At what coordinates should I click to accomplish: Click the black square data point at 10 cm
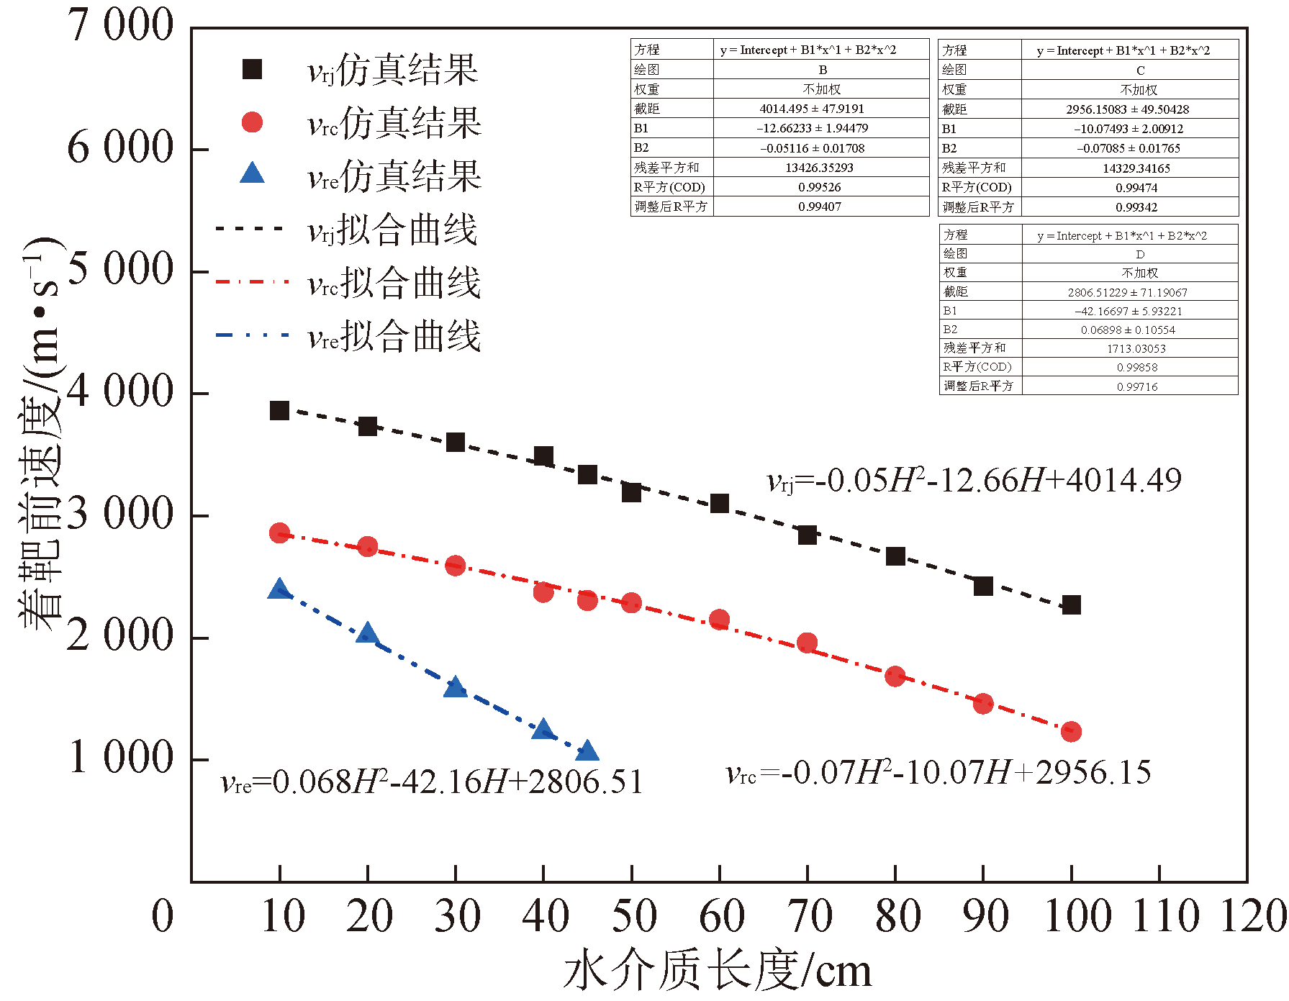coord(279,411)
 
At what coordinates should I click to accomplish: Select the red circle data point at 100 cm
coord(1071,731)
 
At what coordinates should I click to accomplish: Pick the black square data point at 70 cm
coord(808,535)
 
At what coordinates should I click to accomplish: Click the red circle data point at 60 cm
coord(719,620)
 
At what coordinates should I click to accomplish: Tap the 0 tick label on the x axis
coord(163,916)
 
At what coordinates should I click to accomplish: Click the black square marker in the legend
coord(252,70)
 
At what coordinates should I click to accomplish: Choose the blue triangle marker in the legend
coord(252,173)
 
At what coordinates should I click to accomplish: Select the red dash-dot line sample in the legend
coord(252,282)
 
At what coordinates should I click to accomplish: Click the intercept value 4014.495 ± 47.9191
coord(812,109)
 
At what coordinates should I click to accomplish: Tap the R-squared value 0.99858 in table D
coord(1137,367)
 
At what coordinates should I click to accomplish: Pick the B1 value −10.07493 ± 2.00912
coord(1129,129)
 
